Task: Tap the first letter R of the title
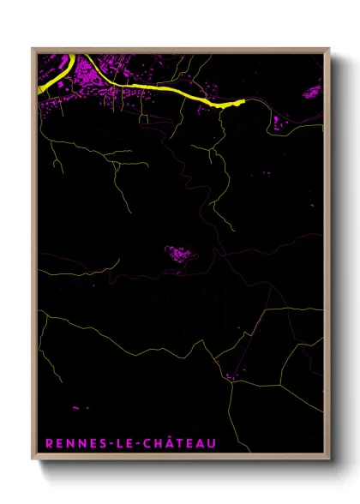point(48,443)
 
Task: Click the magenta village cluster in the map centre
point(179,254)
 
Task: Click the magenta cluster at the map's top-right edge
point(312,90)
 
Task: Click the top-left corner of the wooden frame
point(33,49)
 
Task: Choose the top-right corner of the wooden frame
point(329,49)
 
